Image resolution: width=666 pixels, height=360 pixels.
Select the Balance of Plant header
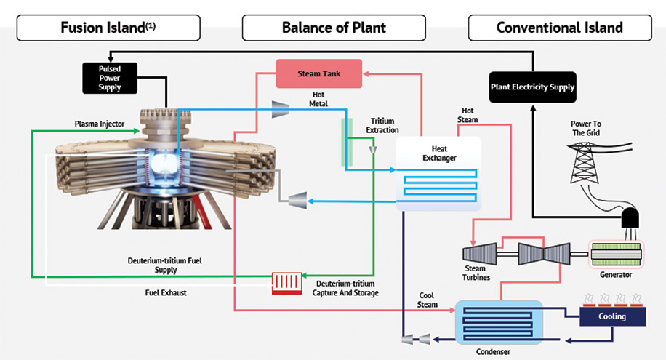click(334, 28)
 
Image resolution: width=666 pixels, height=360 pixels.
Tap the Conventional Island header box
click(559, 28)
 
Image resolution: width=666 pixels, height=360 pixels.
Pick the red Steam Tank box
click(318, 74)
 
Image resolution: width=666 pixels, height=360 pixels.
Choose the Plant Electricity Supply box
click(532, 87)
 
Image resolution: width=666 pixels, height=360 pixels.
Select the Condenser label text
click(492, 352)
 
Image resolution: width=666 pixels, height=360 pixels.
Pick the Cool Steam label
click(428, 300)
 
